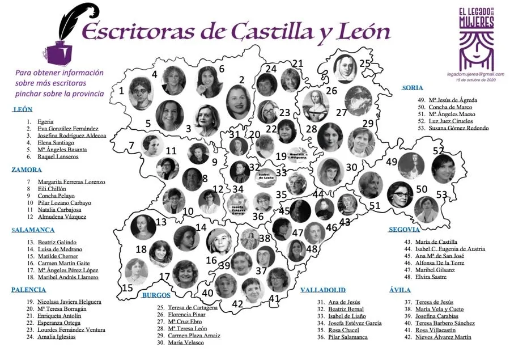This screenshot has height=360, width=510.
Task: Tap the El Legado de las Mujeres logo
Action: point(476,39)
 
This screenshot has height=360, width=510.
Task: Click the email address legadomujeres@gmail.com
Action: point(475,74)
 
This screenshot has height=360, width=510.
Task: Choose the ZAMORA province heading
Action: point(27,170)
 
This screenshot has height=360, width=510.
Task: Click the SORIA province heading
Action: point(412,88)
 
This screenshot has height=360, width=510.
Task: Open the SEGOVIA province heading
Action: point(404,230)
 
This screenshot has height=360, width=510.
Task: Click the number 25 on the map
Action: point(365,63)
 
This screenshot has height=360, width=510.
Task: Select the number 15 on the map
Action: point(129,288)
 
